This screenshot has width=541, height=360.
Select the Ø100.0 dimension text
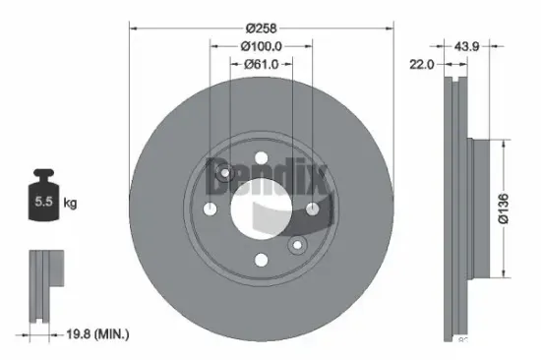point(261,45)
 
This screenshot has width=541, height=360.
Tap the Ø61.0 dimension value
point(261,64)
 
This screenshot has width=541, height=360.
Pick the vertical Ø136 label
point(503,209)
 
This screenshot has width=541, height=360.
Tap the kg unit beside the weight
point(70,204)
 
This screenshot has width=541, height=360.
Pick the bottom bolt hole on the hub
point(260,260)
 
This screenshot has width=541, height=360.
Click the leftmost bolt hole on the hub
point(210,209)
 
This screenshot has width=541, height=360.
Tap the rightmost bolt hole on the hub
point(311,209)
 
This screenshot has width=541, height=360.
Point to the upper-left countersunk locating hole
point(225,175)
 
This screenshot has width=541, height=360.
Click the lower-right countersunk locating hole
point(295,243)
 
